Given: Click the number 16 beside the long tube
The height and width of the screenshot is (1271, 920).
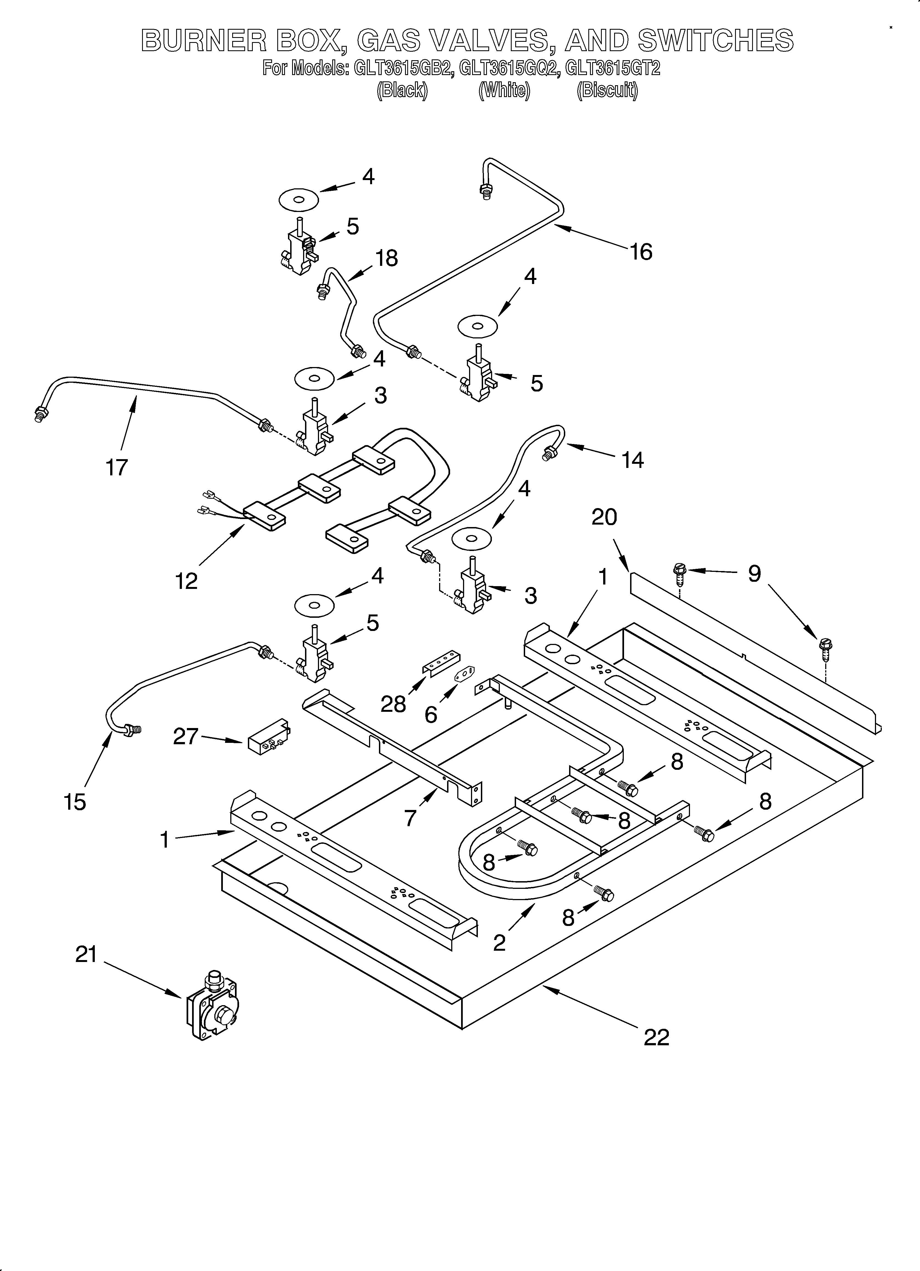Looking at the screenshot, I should click(641, 252).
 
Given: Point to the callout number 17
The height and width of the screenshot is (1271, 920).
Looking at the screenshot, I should click(117, 467).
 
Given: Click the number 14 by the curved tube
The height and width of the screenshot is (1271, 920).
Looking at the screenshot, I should click(633, 460).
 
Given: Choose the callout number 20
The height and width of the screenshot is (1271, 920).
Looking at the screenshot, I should click(604, 517).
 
